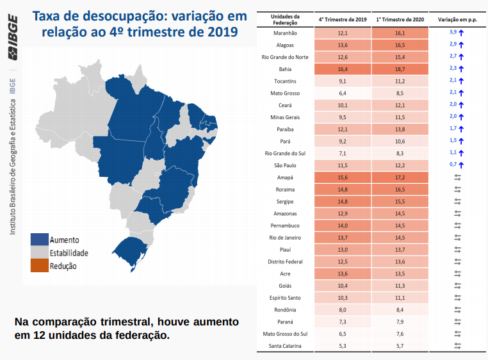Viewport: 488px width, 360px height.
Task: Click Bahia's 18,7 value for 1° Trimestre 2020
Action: [400, 69]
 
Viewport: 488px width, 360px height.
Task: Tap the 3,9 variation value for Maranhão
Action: [452, 33]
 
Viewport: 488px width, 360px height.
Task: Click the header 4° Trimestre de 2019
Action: [343, 20]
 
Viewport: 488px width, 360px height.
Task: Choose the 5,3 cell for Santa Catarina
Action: [343, 347]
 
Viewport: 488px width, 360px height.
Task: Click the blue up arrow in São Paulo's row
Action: [460, 165]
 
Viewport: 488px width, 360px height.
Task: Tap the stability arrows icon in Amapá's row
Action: [457, 177]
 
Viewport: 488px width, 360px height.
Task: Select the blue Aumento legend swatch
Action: [40, 240]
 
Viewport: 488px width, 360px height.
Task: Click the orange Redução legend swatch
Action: [40, 265]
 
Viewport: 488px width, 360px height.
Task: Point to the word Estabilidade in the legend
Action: [69, 253]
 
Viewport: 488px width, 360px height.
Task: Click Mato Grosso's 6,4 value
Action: [343, 93]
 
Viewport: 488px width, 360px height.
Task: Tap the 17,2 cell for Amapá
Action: [400, 177]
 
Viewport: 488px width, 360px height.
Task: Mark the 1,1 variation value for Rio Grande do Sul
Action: [452, 153]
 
